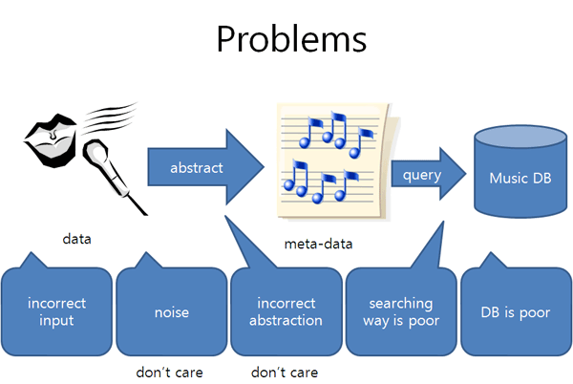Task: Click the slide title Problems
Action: [291, 39]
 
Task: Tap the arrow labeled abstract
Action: [205, 167]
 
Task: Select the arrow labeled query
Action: [428, 174]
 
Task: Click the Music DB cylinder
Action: [520, 171]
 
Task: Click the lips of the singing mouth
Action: [52, 140]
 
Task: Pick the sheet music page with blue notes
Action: [337, 161]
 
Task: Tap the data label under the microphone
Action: [76, 239]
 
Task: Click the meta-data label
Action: [318, 244]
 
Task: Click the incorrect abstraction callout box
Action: [286, 311]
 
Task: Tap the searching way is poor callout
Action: [401, 311]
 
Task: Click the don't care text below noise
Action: [169, 373]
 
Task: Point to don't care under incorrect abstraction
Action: [285, 373]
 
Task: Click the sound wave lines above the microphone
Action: [110, 117]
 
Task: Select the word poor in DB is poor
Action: [535, 313]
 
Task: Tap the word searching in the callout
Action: [401, 304]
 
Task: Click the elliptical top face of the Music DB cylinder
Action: [520, 137]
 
